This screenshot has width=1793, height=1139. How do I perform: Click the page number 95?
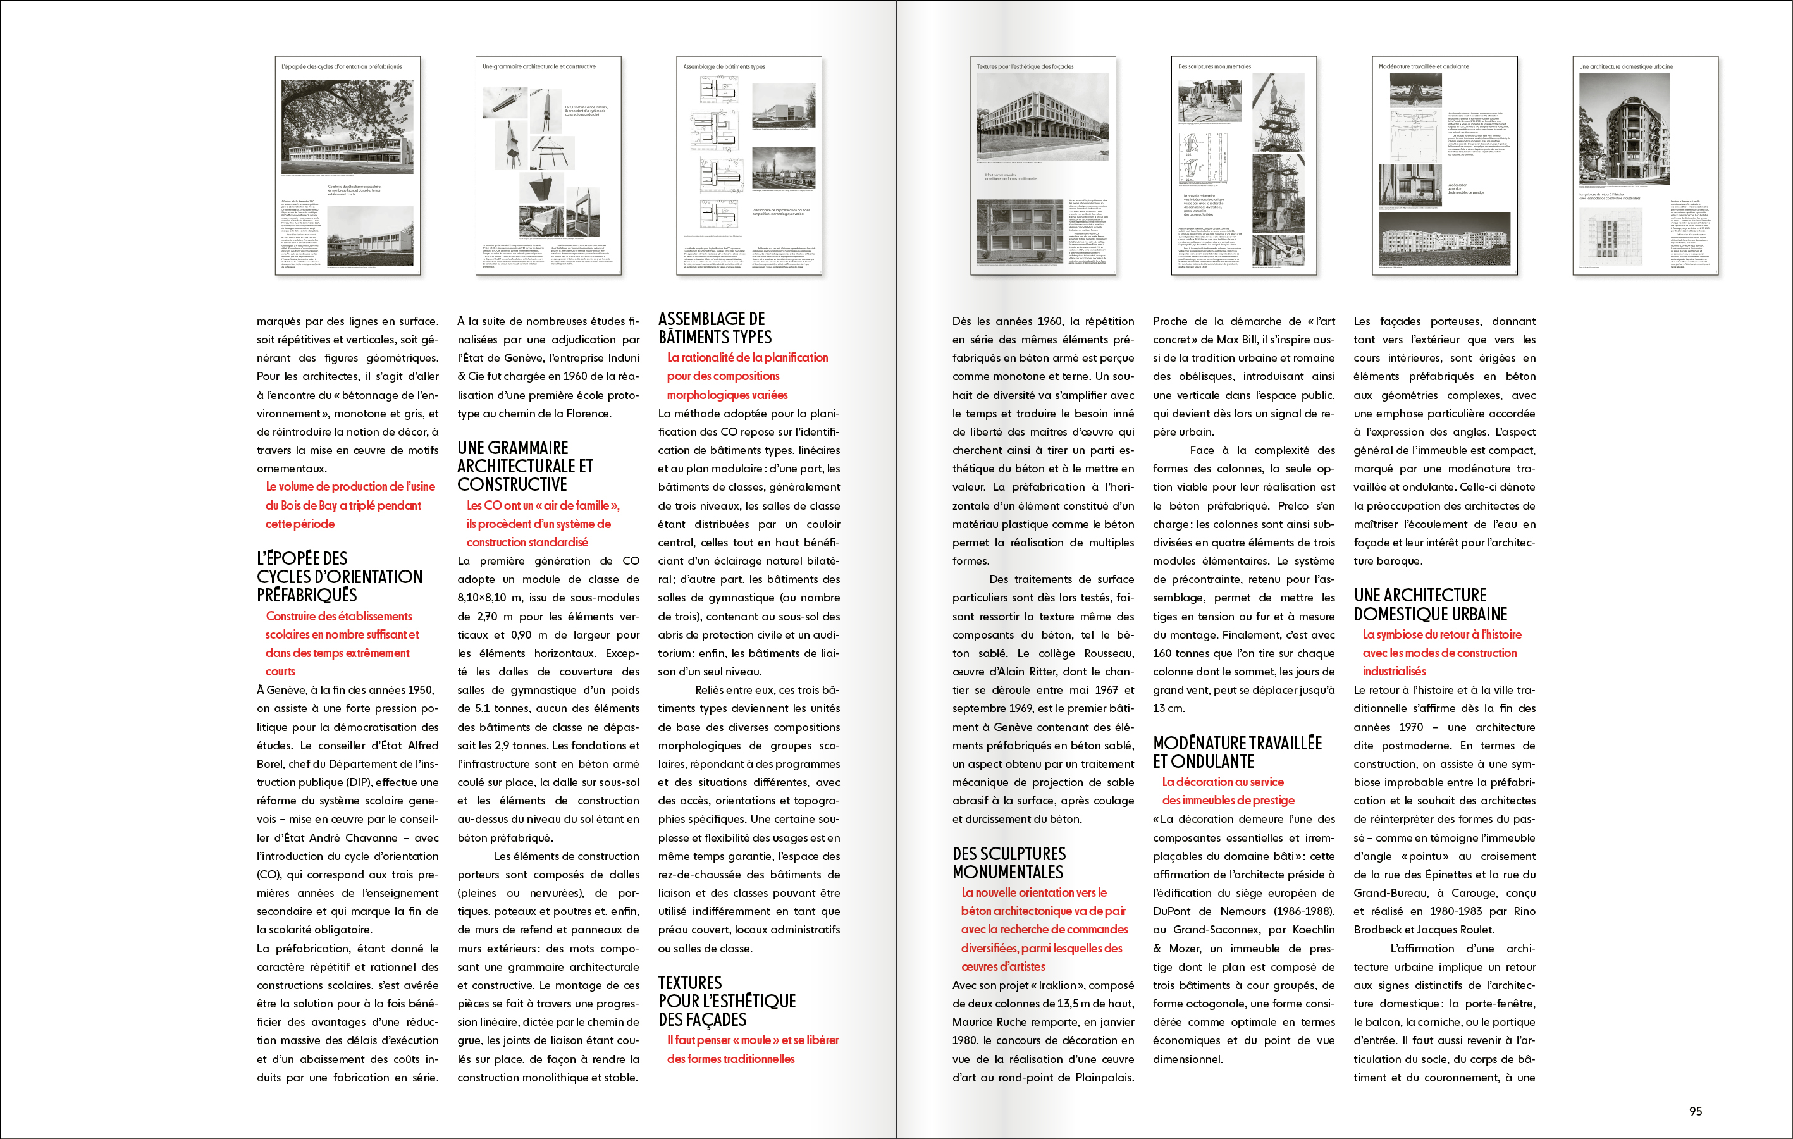click(x=1696, y=1111)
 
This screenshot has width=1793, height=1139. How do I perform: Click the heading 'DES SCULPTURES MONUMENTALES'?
click(x=1009, y=863)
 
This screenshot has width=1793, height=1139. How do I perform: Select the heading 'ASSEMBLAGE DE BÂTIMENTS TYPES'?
click(x=714, y=328)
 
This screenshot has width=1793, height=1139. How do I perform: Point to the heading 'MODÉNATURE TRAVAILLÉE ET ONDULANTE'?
click(x=1237, y=752)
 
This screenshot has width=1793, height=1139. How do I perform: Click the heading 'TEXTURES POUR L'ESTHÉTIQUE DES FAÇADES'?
click(x=726, y=1000)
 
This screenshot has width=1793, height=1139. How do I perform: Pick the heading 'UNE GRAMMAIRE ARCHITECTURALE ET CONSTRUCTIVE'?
click(x=524, y=466)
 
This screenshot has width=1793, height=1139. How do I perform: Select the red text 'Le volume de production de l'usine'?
click(x=350, y=487)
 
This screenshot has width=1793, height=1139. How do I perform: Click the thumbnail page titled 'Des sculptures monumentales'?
click(x=1243, y=165)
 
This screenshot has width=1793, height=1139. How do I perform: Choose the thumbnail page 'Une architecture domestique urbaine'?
click(x=1645, y=165)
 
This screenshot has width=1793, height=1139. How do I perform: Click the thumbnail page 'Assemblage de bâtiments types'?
click(x=748, y=165)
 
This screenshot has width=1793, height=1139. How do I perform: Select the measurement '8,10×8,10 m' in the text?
click(x=490, y=598)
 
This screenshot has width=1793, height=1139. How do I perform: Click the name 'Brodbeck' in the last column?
click(x=1377, y=930)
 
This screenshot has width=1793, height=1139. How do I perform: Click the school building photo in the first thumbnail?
click(x=347, y=126)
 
